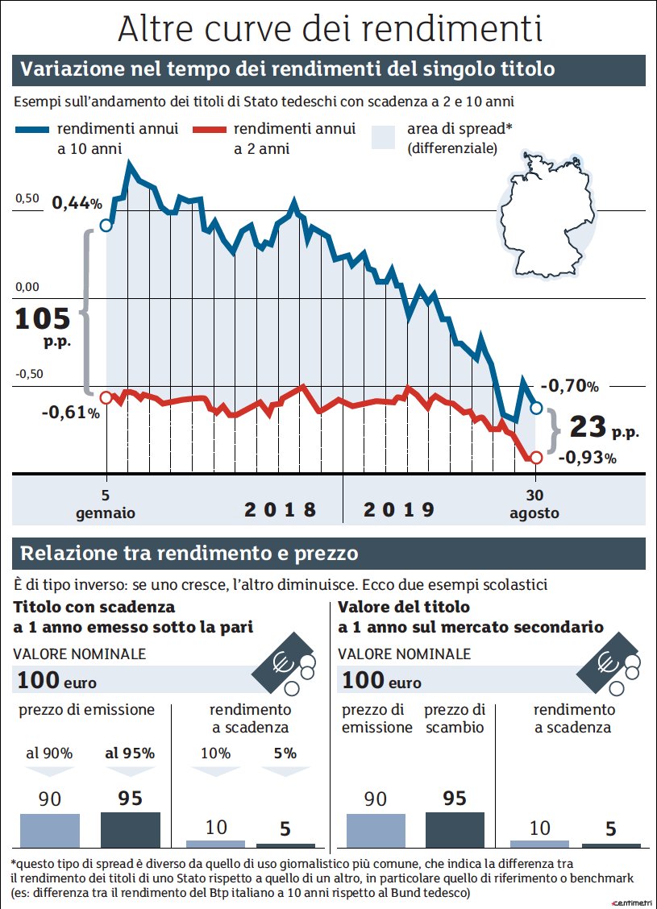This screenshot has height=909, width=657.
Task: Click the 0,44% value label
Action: [x=77, y=203]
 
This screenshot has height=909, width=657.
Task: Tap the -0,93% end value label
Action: [x=586, y=458]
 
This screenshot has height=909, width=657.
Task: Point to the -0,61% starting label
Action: [x=71, y=413]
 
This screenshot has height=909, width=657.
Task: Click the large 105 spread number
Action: [x=43, y=320]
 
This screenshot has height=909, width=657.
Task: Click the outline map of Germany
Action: [x=545, y=215]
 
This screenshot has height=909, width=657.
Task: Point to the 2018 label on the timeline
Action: [x=281, y=509]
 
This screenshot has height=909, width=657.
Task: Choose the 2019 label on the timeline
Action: [x=399, y=509]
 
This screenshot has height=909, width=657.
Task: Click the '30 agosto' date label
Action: [x=534, y=504]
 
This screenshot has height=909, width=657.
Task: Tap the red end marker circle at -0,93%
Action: [x=534, y=458]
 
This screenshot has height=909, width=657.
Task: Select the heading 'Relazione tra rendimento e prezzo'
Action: [x=189, y=554]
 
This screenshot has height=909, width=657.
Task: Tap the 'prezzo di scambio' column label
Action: [x=455, y=718]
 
